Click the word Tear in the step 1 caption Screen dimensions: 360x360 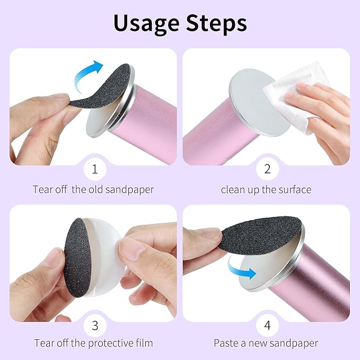(x=42, y=189)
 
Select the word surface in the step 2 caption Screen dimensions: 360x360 (x=293, y=189)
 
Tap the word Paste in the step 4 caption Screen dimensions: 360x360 (x=226, y=343)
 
